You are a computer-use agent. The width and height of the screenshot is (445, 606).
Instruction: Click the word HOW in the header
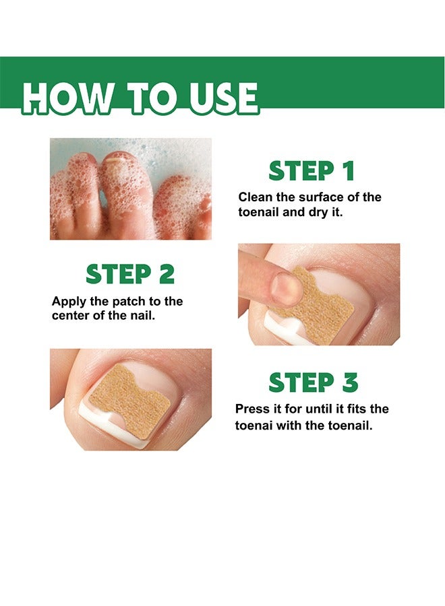click(63, 98)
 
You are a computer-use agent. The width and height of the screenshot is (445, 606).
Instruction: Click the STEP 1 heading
click(311, 171)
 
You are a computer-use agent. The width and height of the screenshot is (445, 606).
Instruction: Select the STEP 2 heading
click(129, 274)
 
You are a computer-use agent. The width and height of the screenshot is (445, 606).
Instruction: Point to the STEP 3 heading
click(313, 382)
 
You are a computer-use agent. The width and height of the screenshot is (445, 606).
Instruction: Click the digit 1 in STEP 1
click(347, 171)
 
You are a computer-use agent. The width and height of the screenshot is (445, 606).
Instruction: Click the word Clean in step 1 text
click(254, 197)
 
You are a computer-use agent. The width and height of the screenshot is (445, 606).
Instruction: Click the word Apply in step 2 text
click(67, 301)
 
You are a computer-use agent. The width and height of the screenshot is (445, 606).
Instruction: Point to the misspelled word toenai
click(254, 426)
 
